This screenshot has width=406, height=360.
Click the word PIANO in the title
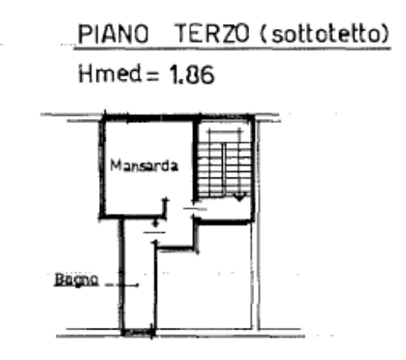click(x=113, y=34)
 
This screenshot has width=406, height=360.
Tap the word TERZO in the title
click(x=211, y=34)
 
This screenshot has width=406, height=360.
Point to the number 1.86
click(x=191, y=74)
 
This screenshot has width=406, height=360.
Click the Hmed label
click(x=110, y=73)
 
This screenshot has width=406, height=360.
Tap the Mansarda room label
click(x=144, y=165)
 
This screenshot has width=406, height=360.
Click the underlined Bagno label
click(x=76, y=280)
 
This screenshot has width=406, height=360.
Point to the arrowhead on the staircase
click(x=239, y=197)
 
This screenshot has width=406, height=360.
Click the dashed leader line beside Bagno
click(x=122, y=285)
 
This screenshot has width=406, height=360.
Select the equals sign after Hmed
click(x=153, y=76)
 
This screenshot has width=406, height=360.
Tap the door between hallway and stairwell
click(x=195, y=209)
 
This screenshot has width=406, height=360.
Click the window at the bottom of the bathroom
click(x=139, y=333)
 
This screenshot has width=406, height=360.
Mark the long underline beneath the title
click(x=232, y=49)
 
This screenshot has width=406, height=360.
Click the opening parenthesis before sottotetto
click(x=262, y=34)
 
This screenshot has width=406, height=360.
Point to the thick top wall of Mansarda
click(x=149, y=118)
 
